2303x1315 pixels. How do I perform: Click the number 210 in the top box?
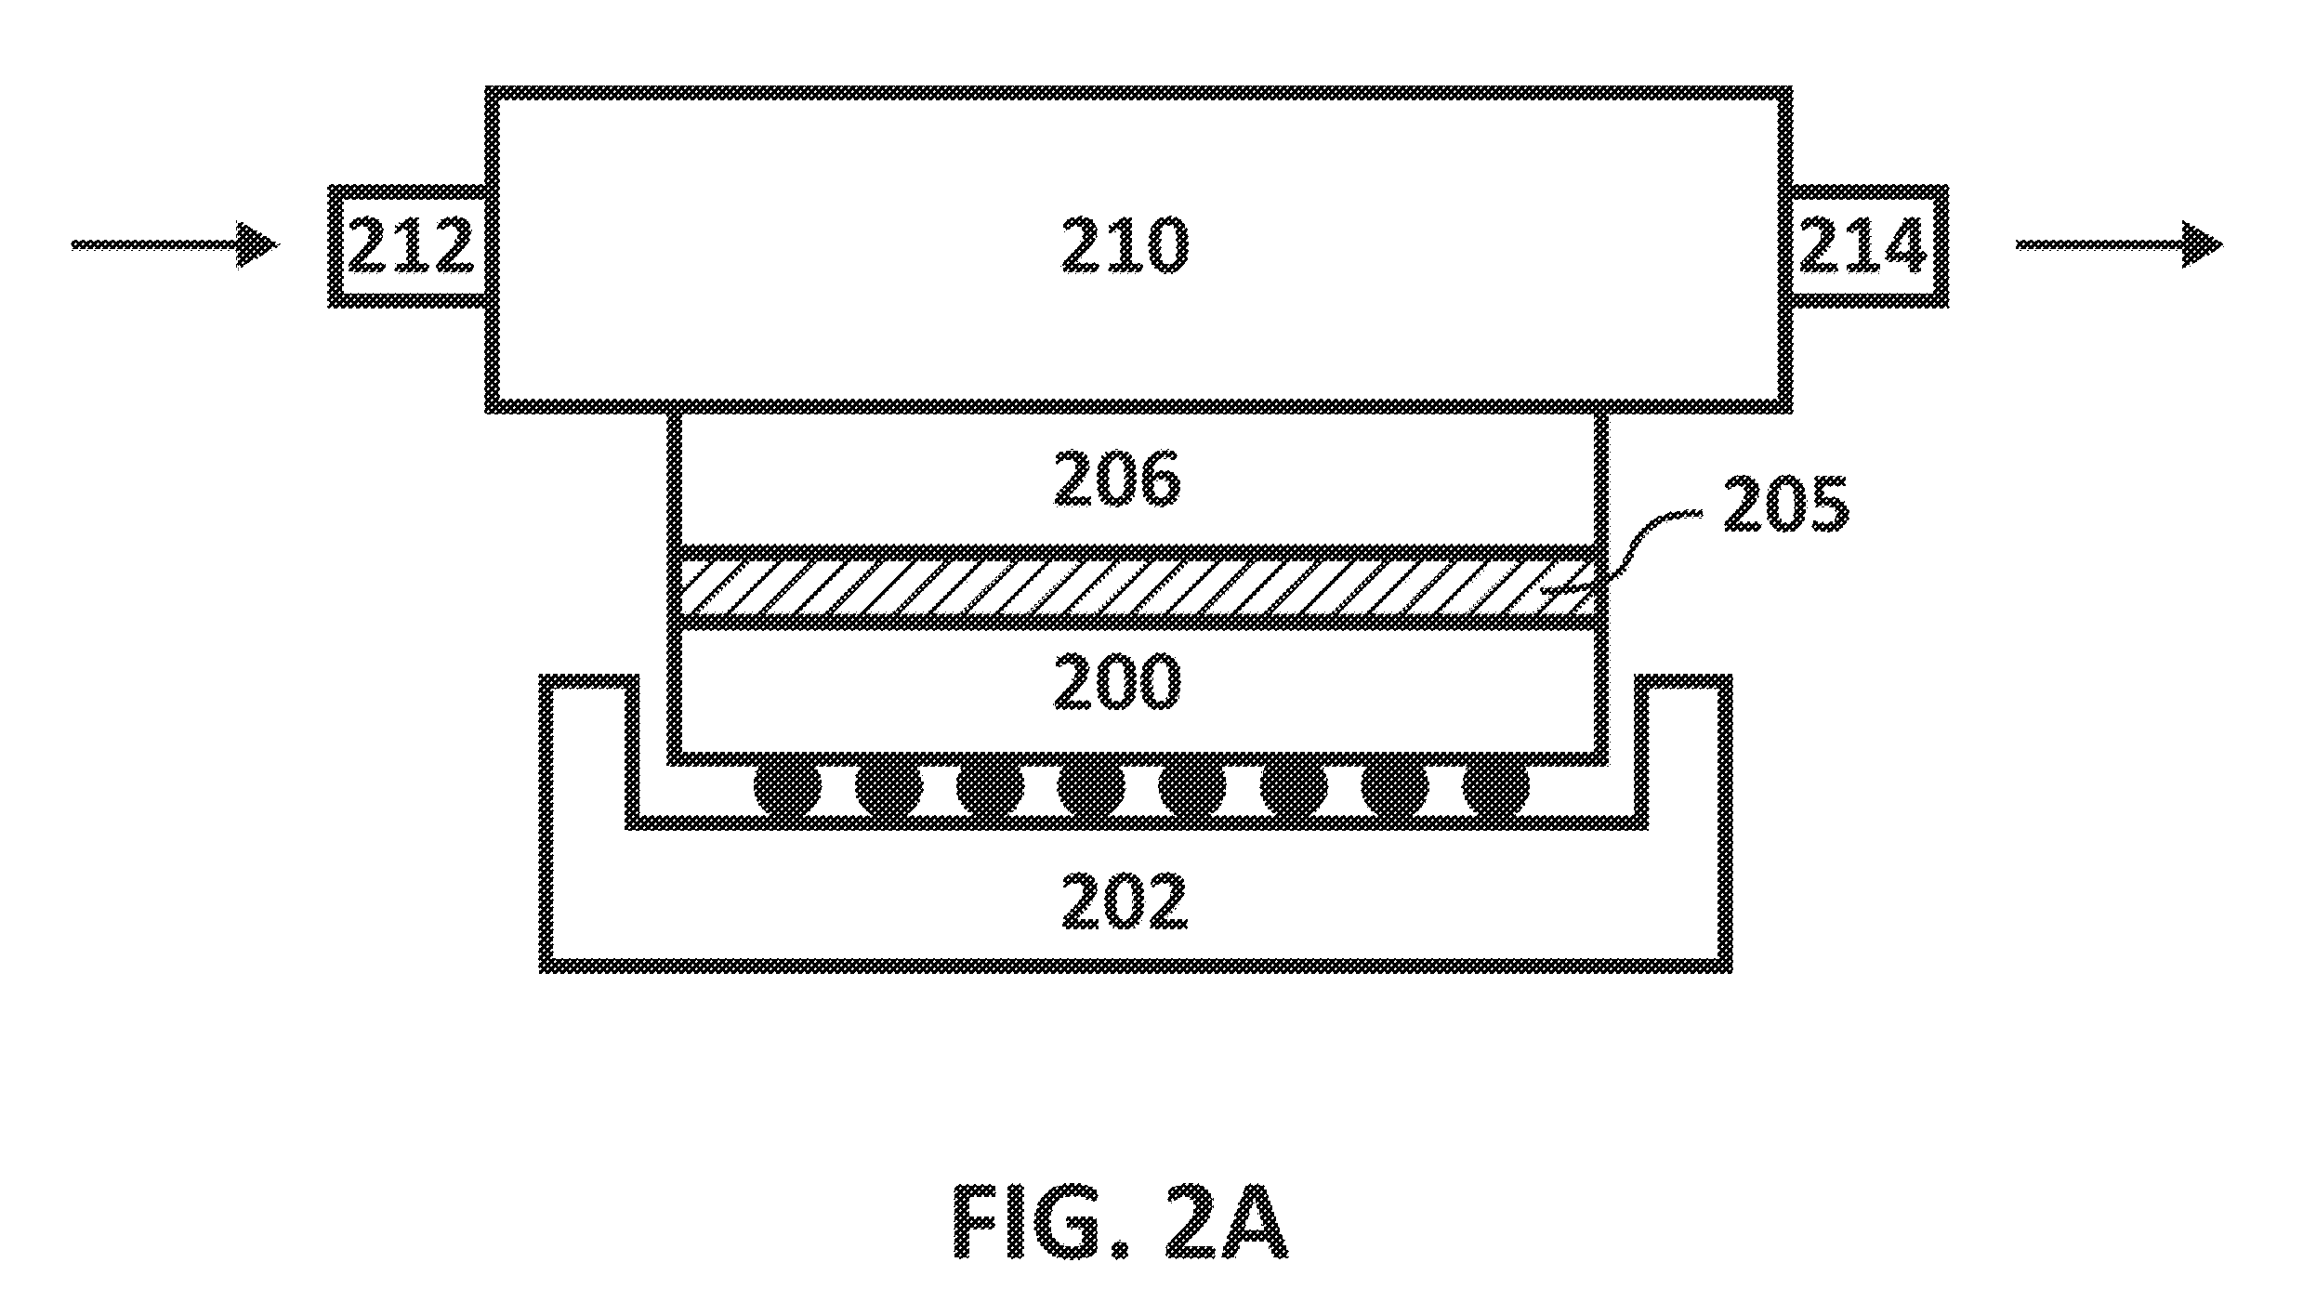pyautogui.click(x=1125, y=246)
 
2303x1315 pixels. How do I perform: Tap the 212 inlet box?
pyautogui.click(x=409, y=246)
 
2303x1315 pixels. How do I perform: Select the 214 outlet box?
pyautogui.click(x=1868, y=246)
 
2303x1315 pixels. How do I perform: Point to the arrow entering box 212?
pyautogui.click(x=175, y=245)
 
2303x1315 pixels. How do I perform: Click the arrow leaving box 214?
pyautogui.click(x=2120, y=245)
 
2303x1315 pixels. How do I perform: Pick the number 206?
pyautogui.click(x=1117, y=480)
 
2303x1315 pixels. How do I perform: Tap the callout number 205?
pyautogui.click(x=1786, y=506)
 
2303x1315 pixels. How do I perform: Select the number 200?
pyautogui.click(x=1117, y=683)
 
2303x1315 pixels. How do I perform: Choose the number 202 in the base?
pyautogui.click(x=1125, y=901)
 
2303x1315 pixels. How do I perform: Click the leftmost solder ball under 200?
pyautogui.click(x=787, y=789)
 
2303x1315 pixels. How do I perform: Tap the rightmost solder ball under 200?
pyautogui.click(x=1495, y=789)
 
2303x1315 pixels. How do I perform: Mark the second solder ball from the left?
pyautogui.click(x=888, y=789)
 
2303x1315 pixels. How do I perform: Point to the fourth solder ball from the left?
pyautogui.click(x=1091, y=789)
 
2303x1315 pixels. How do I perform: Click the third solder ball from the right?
pyautogui.click(x=1294, y=789)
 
